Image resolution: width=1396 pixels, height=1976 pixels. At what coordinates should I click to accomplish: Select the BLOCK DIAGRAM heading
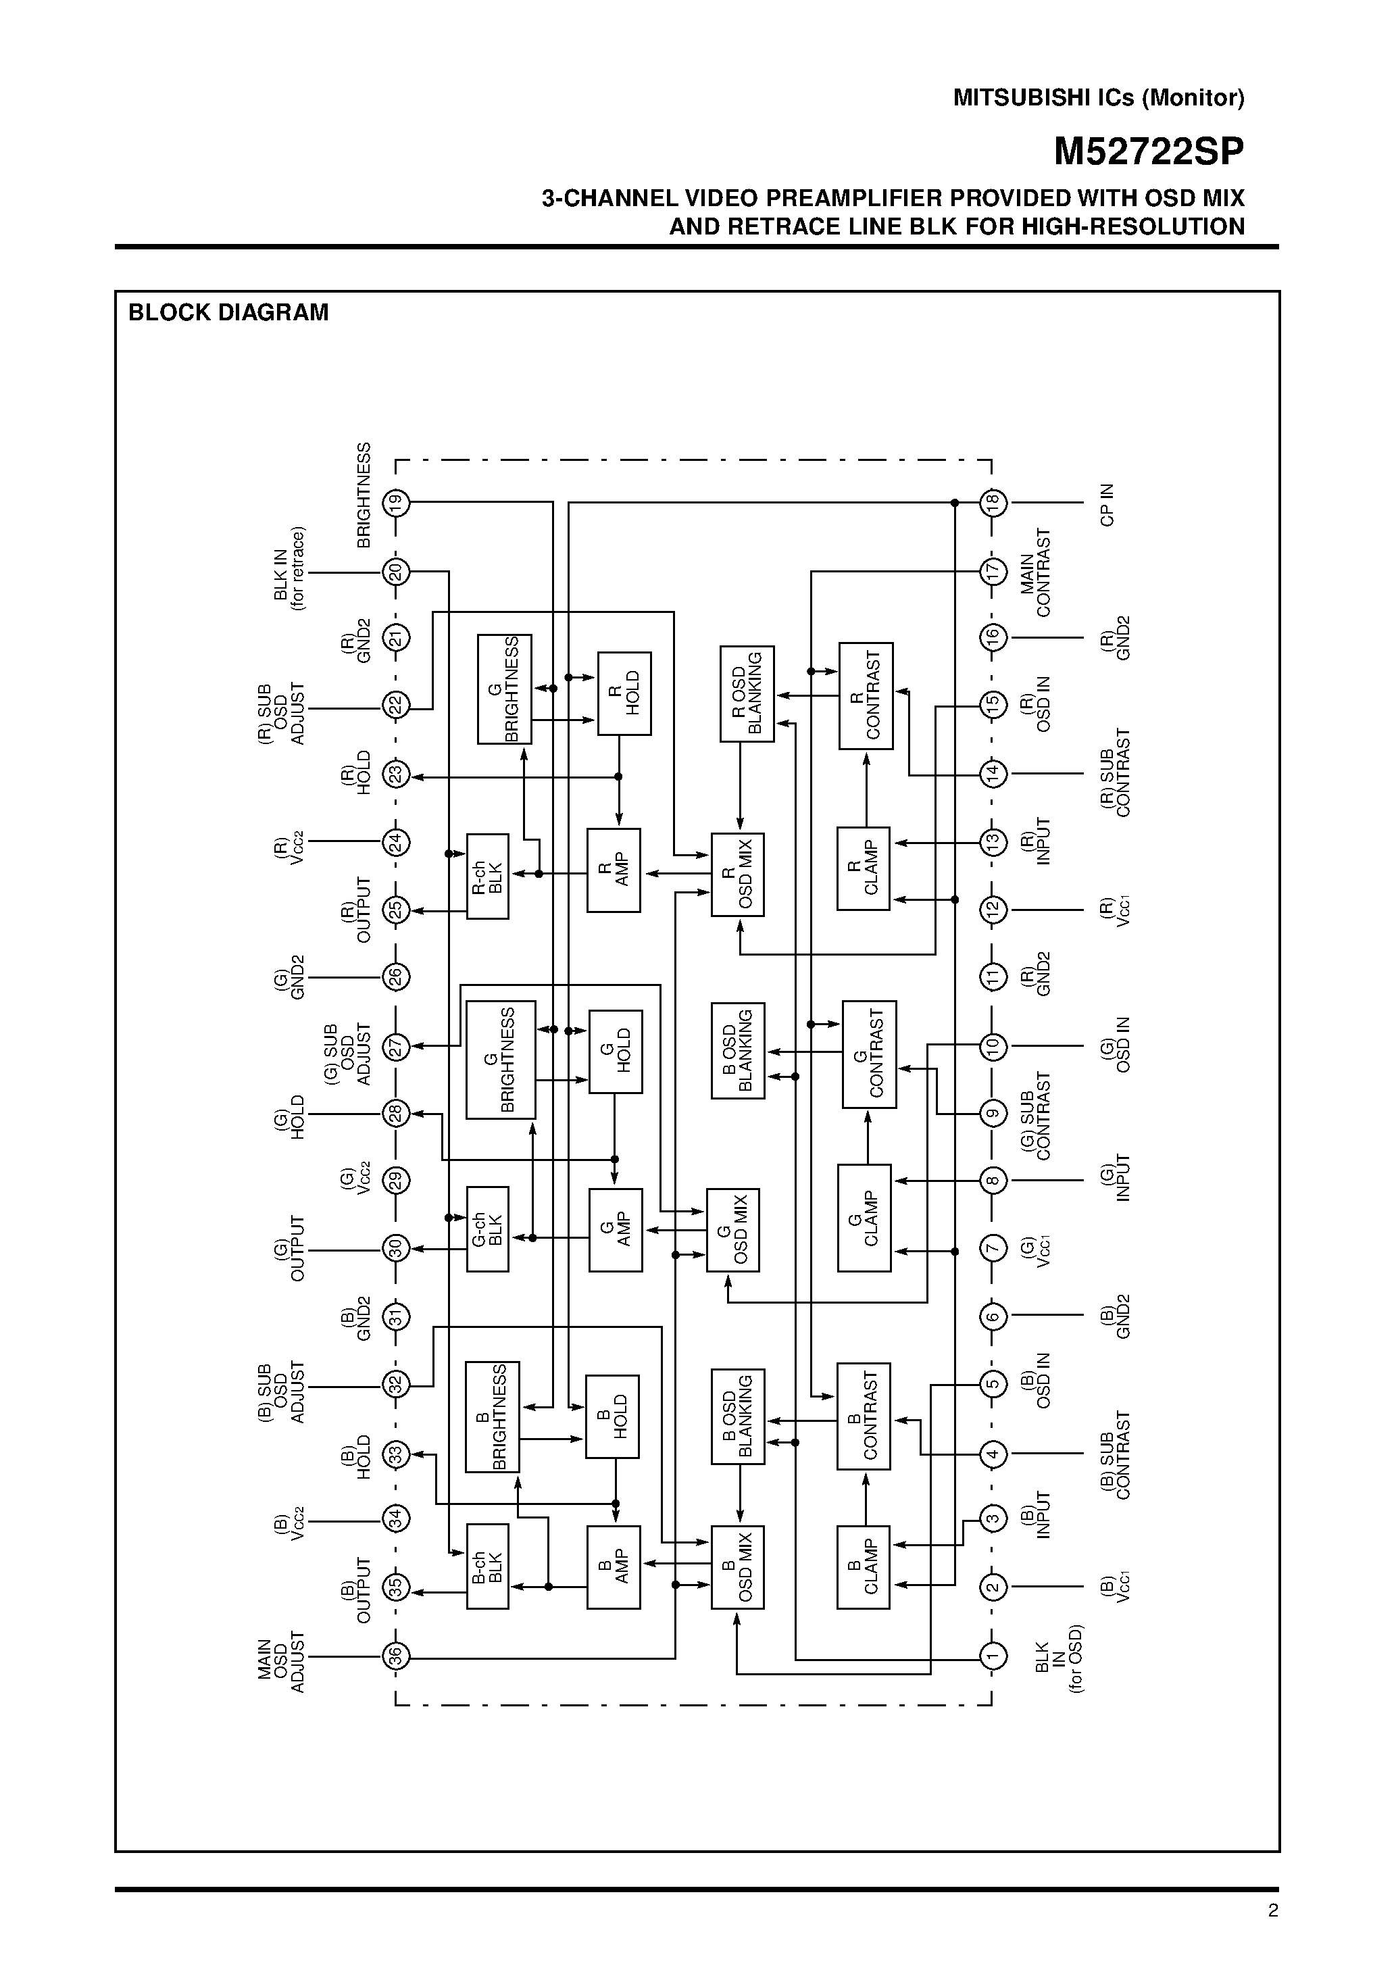(228, 312)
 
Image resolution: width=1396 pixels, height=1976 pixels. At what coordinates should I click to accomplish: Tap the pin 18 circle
(993, 501)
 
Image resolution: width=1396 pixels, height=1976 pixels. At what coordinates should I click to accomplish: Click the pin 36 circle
(396, 1655)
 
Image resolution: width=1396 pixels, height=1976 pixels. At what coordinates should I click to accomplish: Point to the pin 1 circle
(993, 1655)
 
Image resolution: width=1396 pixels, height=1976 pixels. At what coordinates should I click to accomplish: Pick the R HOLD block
(624, 693)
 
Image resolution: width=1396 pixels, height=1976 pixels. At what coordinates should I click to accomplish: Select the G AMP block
(616, 1229)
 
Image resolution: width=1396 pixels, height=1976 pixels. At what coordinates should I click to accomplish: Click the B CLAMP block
(864, 1567)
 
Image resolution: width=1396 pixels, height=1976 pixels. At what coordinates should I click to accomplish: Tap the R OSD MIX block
(738, 874)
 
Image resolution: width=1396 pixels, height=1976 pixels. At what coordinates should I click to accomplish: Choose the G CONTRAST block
(869, 1054)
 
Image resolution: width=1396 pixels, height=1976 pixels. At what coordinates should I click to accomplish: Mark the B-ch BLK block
(487, 1566)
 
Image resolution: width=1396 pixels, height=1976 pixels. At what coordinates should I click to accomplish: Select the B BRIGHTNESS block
(493, 1416)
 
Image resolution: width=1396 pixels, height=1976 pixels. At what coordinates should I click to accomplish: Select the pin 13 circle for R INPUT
(993, 841)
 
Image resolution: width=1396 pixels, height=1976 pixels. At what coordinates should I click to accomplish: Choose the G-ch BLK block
(487, 1229)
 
